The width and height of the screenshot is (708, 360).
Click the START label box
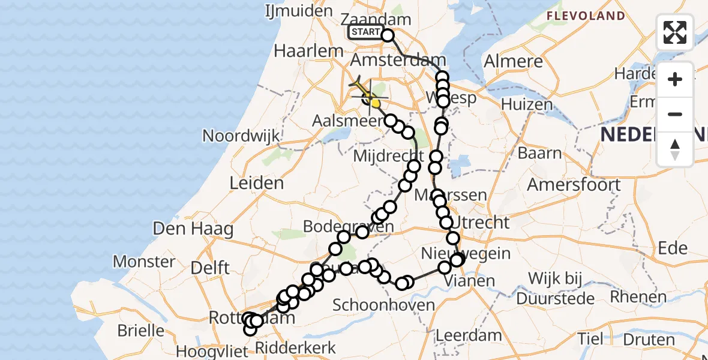365,32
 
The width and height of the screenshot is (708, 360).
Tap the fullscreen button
675,32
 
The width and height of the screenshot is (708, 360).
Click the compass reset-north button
675,149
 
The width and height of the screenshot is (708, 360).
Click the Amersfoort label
574,184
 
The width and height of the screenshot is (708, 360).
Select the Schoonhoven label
383,305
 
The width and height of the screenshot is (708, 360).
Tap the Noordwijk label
241,136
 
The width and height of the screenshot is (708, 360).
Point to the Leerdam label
461,335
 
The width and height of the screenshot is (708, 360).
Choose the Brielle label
142,330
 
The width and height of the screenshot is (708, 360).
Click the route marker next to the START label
388,35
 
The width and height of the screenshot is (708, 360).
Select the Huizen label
526,105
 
